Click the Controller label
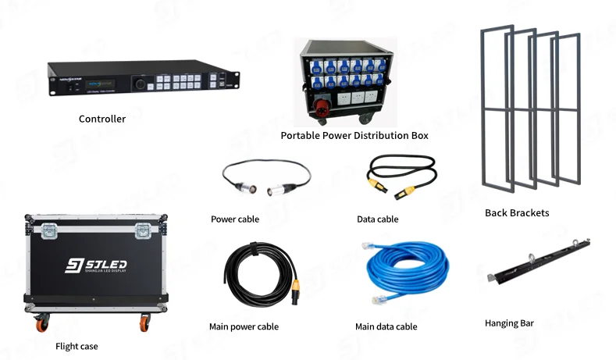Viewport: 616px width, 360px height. point(102,119)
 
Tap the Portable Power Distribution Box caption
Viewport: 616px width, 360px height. point(354,136)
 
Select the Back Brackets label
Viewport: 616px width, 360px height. point(517,213)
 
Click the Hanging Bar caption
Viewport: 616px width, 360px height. point(509,323)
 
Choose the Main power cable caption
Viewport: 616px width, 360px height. point(244,327)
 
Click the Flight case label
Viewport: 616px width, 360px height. point(77,346)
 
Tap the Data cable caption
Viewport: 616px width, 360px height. point(377,219)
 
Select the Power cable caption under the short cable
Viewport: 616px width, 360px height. point(235,219)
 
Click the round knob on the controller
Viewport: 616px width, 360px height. point(140,83)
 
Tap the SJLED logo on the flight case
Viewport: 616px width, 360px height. point(95,266)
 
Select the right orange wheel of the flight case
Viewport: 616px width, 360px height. point(144,323)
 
